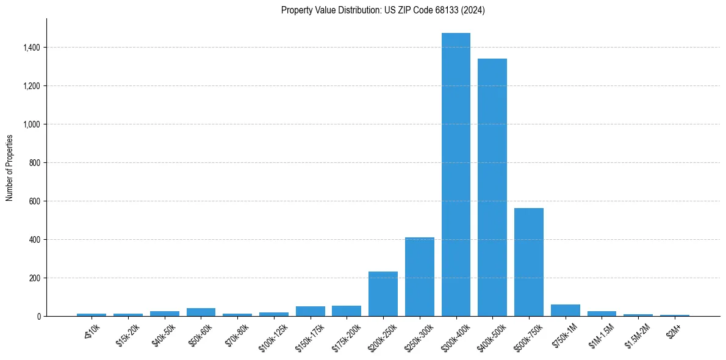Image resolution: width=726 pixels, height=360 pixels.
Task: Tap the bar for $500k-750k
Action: coord(529,262)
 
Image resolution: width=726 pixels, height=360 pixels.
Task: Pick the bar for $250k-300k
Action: coord(420,277)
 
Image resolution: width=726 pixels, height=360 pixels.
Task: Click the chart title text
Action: coord(383,10)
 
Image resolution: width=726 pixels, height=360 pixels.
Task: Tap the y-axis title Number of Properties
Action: coord(10,167)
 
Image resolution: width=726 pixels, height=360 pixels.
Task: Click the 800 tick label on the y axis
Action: coord(35,163)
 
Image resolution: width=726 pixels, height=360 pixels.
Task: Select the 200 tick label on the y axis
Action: coord(35,278)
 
